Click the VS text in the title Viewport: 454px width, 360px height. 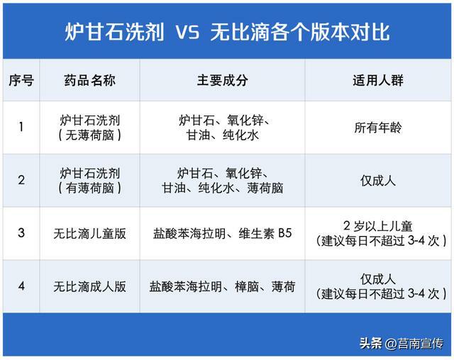click(x=187, y=32)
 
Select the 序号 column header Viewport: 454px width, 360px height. click(x=21, y=80)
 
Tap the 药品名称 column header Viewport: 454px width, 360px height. click(x=90, y=80)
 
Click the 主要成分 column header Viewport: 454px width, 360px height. click(x=222, y=80)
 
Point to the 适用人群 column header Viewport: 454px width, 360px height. click(x=378, y=80)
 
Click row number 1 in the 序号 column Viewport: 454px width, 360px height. click(x=21, y=127)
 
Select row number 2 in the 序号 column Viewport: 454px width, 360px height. click(x=21, y=180)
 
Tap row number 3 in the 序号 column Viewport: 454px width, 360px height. click(x=21, y=232)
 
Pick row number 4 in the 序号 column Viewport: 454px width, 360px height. click(x=21, y=286)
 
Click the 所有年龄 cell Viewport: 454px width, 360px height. click(x=378, y=128)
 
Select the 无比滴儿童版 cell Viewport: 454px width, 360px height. click(x=90, y=234)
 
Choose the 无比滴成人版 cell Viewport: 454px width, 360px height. click(x=90, y=287)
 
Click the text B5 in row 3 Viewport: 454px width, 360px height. click(x=285, y=233)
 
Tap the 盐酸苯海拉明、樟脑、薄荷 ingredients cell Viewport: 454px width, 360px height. click(x=222, y=287)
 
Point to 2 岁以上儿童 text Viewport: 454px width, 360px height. click(x=378, y=226)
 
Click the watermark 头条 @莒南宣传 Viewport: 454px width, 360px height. click(x=402, y=344)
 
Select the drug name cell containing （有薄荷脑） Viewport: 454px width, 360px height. click(x=90, y=181)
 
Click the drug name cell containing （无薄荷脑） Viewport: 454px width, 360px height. click(x=90, y=128)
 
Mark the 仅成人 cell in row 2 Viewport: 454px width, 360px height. click(x=378, y=181)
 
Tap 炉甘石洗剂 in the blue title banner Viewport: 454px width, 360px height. click(x=114, y=32)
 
